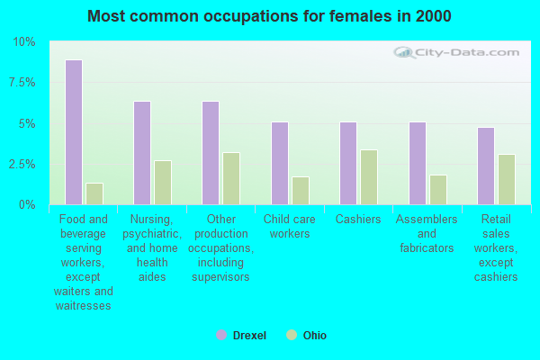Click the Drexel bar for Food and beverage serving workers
tap(73, 132)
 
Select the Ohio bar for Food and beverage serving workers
tap(94, 193)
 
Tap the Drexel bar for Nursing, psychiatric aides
tap(142, 153)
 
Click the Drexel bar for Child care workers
tap(280, 163)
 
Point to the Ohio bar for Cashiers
tap(369, 177)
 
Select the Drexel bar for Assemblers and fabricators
tap(418, 163)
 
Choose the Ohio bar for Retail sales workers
tap(507, 179)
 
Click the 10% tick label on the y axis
tap(23, 42)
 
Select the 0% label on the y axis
tap(26, 205)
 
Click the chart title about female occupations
tap(270, 16)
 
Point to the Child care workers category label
tap(288, 227)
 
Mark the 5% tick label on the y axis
tap(26, 124)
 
